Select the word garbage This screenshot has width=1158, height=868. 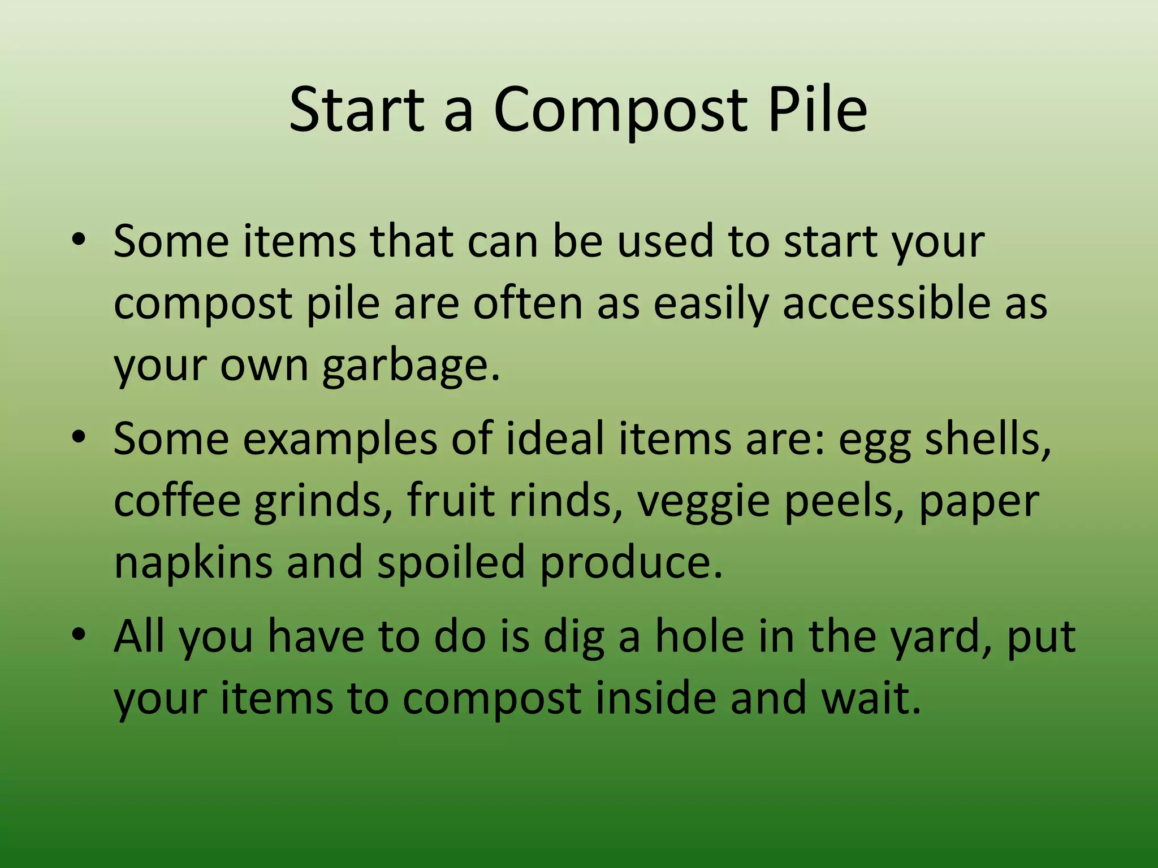coord(411,365)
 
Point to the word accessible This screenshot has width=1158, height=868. coord(886,303)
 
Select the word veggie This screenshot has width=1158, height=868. coord(703,501)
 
